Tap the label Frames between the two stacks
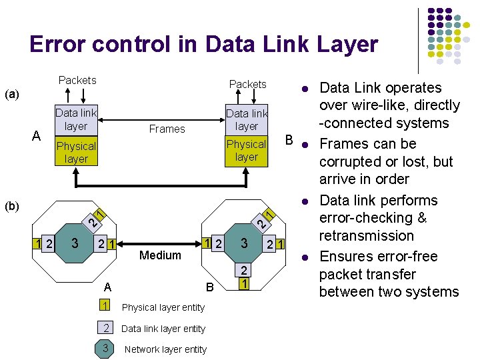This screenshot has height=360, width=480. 167,129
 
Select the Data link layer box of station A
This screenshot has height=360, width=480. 76,120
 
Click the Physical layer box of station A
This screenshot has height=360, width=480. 76,152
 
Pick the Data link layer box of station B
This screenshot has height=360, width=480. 246,120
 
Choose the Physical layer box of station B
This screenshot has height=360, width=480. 246,151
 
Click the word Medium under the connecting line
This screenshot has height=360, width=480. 160,255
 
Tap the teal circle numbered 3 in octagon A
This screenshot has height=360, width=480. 75,244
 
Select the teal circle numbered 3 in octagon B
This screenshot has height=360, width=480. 245,244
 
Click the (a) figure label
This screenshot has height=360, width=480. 12,94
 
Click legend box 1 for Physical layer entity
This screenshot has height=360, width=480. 105,306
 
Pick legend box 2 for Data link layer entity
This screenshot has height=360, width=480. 105,327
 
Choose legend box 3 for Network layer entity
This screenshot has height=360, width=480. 105,349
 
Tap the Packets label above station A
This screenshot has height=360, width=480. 77,80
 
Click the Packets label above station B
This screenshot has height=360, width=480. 247,84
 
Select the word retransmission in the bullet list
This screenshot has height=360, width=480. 366,236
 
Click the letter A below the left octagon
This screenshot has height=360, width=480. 108,287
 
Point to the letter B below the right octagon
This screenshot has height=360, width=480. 209,287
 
